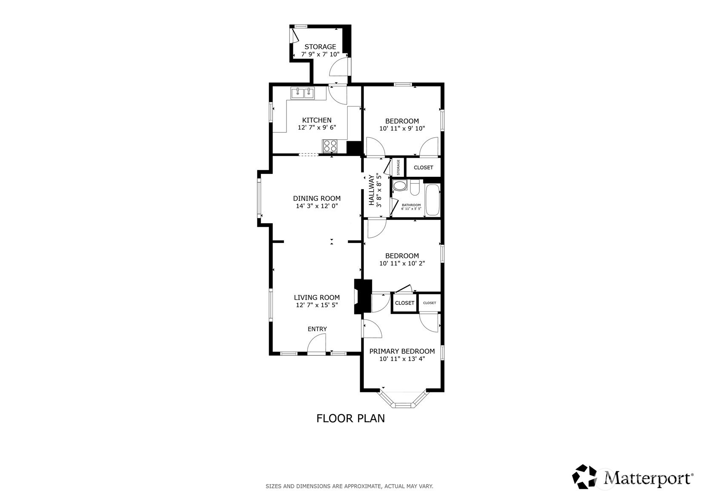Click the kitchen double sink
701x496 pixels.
pyautogui.click(x=303, y=93)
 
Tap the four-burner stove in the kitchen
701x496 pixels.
pyautogui.click(x=330, y=146)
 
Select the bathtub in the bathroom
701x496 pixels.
pyautogui.click(x=432, y=199)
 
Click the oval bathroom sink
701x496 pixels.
pyautogui.click(x=399, y=185)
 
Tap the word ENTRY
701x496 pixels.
pyautogui.click(x=317, y=329)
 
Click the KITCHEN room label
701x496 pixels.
pyautogui.click(x=317, y=120)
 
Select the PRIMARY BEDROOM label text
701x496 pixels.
pyautogui.click(x=402, y=351)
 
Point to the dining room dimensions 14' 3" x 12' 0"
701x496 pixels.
pyautogui.click(x=317, y=206)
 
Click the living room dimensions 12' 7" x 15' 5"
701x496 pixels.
pyautogui.click(x=317, y=305)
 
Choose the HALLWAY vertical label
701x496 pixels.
pyautogui.click(x=372, y=190)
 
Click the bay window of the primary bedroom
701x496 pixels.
pyautogui.click(x=403, y=400)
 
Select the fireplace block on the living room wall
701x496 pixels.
pyautogui.click(x=362, y=297)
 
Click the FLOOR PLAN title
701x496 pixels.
pyautogui.click(x=351, y=418)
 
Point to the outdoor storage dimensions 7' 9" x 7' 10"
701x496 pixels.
pyautogui.click(x=320, y=54)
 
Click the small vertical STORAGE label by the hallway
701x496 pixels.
pyautogui.click(x=398, y=167)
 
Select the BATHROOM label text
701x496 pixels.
pyautogui.click(x=411, y=205)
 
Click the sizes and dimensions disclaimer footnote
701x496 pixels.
pyautogui.click(x=349, y=486)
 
